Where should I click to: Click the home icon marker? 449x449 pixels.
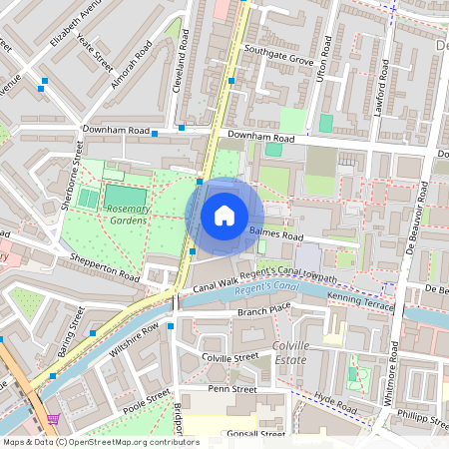coord(224,216)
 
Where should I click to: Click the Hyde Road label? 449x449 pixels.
coord(333,402)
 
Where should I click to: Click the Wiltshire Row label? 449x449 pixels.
coord(135,340)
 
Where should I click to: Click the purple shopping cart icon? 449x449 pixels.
coord(53,419)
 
